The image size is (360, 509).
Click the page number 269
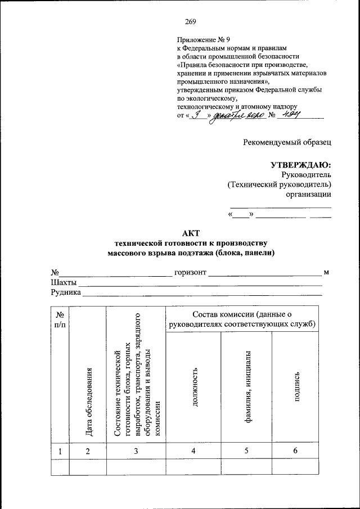[x=189, y=22]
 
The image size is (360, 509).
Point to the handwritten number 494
[x=290, y=115]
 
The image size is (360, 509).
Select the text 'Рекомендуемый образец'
[x=287, y=142]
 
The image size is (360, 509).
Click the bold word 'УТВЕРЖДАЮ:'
[x=301, y=165]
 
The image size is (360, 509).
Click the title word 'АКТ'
[x=191, y=233]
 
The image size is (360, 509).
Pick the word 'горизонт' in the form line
[x=190, y=273]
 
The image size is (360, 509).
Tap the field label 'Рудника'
[x=66, y=292]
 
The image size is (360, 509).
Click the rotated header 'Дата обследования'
[x=89, y=401]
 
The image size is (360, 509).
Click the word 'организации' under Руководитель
[x=308, y=194]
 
